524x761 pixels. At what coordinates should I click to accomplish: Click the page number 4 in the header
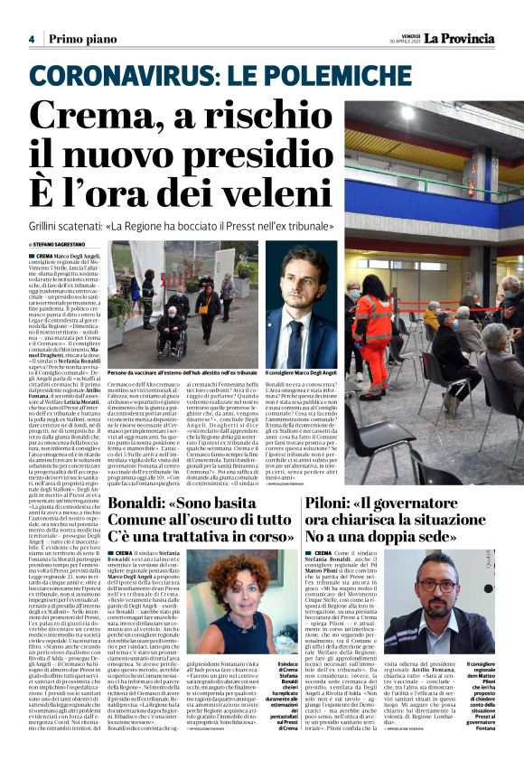(32, 39)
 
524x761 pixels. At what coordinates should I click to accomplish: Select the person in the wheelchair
(170, 330)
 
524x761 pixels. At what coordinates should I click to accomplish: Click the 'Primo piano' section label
(78, 39)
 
